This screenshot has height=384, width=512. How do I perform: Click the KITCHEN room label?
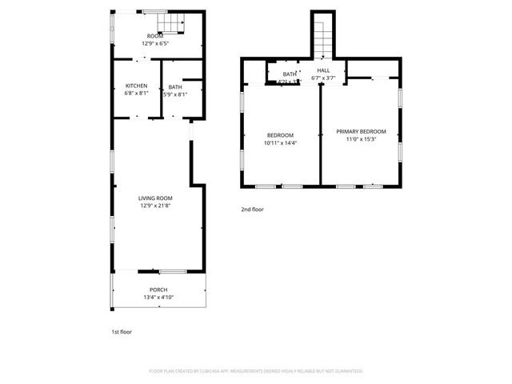click(x=136, y=86)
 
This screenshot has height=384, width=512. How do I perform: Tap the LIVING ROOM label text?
click(x=155, y=198)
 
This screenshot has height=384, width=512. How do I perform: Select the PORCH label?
click(x=158, y=290)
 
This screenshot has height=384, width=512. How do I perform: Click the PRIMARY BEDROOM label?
click(x=361, y=131)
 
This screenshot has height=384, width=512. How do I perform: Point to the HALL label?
click(x=323, y=70)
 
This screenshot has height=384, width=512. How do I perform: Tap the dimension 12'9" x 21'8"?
click(x=155, y=206)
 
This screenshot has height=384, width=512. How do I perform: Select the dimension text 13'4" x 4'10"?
click(x=158, y=298)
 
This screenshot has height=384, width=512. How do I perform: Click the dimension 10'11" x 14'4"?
click(x=280, y=142)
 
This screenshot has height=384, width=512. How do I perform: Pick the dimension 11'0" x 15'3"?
click(x=361, y=139)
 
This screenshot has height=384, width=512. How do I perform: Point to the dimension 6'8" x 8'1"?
click(x=136, y=94)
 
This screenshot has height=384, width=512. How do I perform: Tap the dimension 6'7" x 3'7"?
click(x=323, y=78)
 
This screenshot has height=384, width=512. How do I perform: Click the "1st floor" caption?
click(x=122, y=330)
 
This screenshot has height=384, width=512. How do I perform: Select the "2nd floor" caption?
click(x=252, y=210)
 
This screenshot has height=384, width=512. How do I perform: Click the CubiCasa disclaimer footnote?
click(x=256, y=371)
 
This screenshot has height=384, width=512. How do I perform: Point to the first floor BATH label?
click(x=174, y=86)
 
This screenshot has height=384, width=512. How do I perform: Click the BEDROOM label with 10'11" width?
click(x=280, y=134)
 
